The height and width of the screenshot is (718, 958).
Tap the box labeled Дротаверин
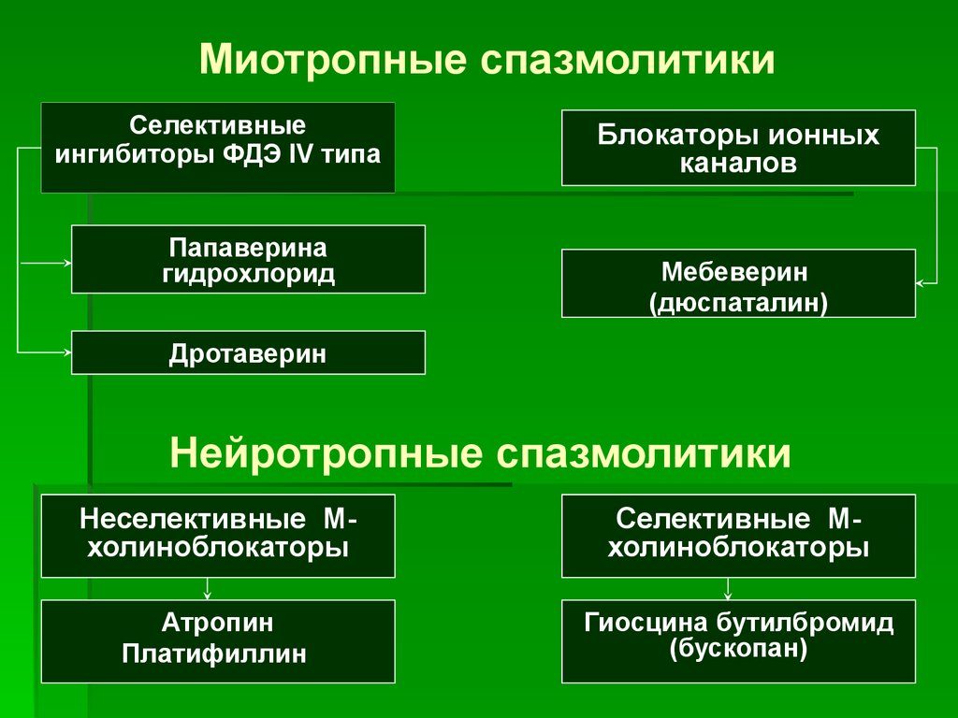(x=248, y=353)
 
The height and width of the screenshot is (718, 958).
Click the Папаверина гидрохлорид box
(x=248, y=261)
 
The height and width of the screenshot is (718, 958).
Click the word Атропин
(x=218, y=623)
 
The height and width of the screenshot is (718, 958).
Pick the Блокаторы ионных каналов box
(x=738, y=148)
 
